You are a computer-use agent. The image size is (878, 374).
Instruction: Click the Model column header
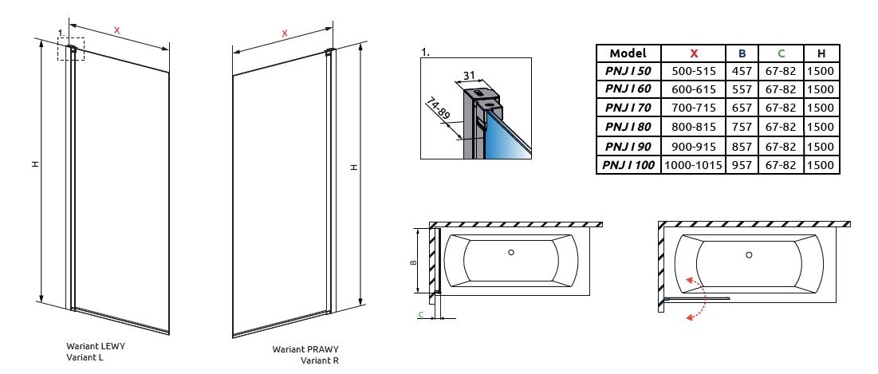[x=628, y=53]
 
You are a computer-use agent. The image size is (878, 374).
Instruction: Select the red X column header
[x=694, y=53]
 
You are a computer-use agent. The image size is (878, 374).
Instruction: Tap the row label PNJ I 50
[x=628, y=71]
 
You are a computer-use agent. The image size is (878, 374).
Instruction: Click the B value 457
[x=742, y=71]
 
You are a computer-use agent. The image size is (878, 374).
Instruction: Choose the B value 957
[x=742, y=165]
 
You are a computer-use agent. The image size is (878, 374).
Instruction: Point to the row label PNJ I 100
[x=628, y=165]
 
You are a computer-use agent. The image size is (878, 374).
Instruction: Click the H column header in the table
[x=821, y=53]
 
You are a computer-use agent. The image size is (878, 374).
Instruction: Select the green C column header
[x=781, y=53]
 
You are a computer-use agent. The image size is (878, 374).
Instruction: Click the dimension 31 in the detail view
[x=470, y=75]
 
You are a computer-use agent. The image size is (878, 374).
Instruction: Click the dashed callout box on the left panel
[x=71, y=48]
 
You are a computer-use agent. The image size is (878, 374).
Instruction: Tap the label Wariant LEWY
[x=96, y=346]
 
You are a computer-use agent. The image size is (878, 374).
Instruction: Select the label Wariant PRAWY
[x=305, y=349]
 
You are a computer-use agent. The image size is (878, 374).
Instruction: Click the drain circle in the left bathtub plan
[x=511, y=254]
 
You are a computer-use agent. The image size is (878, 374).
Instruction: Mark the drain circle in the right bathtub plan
[x=748, y=255]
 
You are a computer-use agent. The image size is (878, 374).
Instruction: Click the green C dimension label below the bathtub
[x=420, y=315]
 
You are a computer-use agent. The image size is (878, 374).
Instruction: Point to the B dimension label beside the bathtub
[x=411, y=261]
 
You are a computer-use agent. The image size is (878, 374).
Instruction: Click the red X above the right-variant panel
[x=285, y=33]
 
